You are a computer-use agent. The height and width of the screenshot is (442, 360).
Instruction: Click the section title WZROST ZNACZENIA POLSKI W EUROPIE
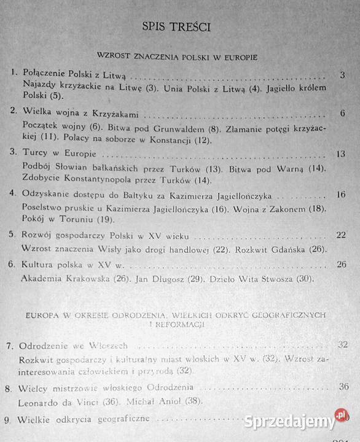coord(177,56)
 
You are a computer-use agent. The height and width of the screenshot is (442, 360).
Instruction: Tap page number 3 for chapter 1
coord(341,76)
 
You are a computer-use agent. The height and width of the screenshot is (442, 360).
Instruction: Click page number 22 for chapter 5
coord(342,236)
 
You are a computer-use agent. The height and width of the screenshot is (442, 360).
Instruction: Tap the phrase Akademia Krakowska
coord(69,279)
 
